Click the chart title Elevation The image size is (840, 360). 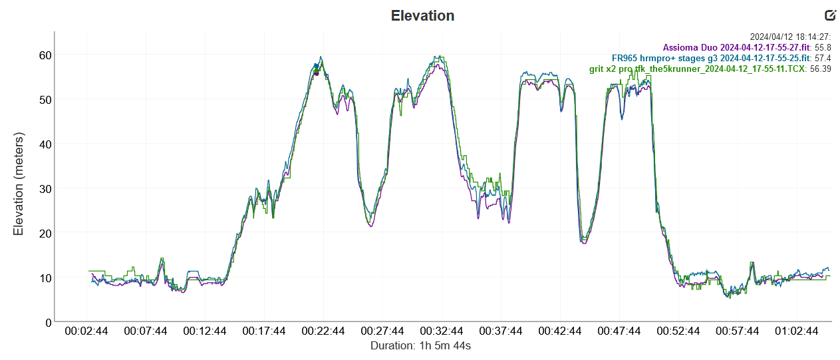point(422,15)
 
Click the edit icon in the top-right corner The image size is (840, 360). point(829,15)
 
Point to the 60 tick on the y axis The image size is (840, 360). point(45,55)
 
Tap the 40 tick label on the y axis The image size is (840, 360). point(45,144)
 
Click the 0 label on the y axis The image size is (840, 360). point(48,323)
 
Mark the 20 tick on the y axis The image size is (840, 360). point(45,233)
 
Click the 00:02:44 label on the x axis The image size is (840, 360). point(87,331)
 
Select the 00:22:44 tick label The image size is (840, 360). point(323,331)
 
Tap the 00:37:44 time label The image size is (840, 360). point(501,331)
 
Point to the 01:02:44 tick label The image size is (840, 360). point(796,331)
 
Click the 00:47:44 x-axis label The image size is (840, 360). point(619,331)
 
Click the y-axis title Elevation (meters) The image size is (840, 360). point(19,184)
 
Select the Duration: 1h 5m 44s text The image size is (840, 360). point(420,346)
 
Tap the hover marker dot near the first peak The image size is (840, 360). point(317,72)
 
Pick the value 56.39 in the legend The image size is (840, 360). point(817,69)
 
